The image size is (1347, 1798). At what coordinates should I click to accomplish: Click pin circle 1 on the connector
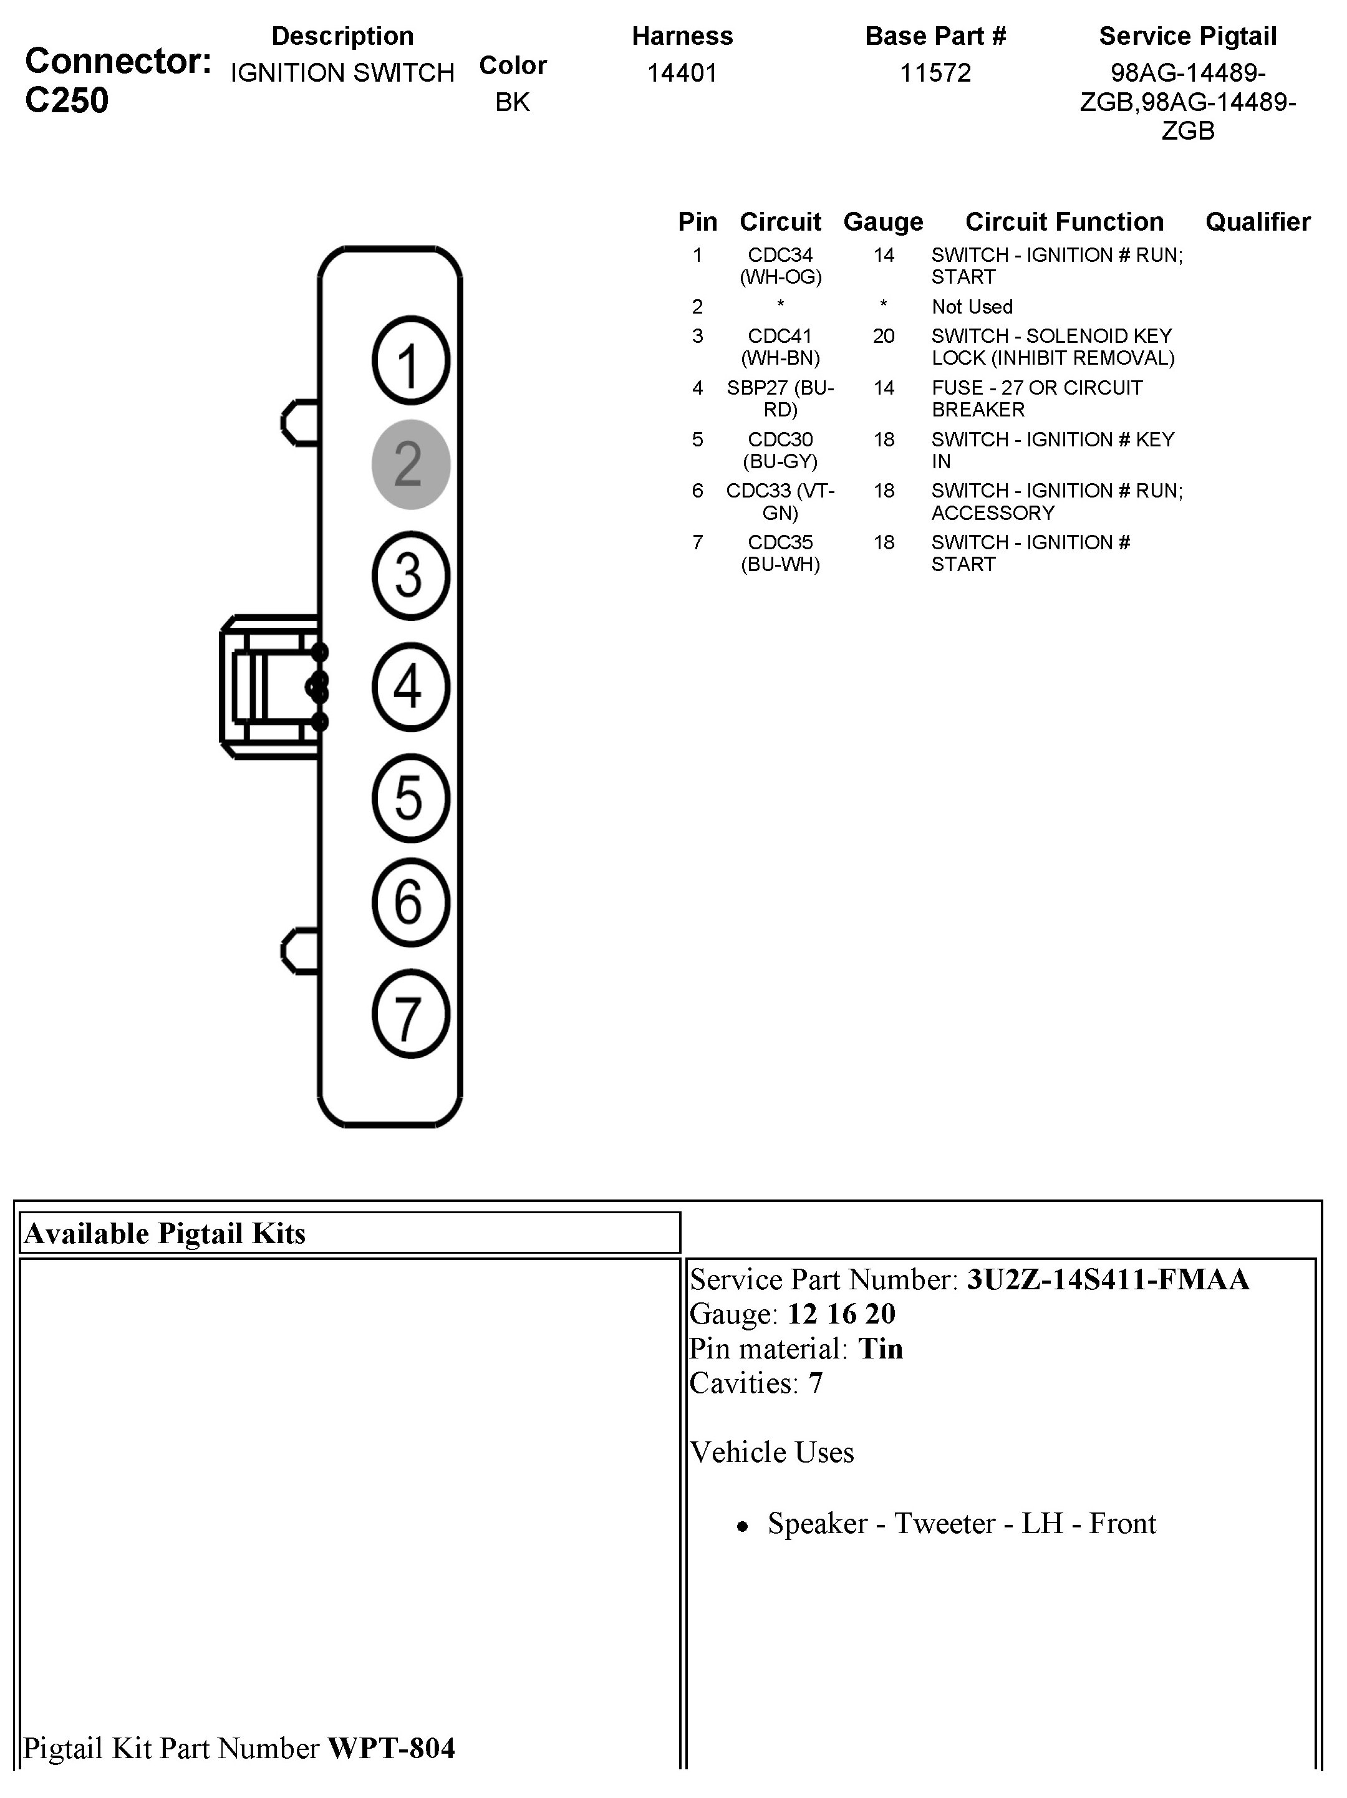click(410, 360)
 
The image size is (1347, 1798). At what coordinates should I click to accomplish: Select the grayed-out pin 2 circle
click(410, 464)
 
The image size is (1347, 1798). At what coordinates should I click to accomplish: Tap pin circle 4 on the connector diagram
click(410, 687)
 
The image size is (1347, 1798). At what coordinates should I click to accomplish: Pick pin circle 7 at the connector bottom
click(410, 1014)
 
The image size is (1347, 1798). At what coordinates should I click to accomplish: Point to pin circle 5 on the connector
click(410, 797)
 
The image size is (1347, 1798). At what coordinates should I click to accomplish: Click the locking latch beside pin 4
click(270, 687)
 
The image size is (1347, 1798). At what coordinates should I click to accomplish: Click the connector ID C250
click(67, 101)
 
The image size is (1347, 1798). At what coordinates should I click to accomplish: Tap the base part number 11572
click(935, 73)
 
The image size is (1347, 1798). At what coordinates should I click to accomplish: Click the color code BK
click(512, 102)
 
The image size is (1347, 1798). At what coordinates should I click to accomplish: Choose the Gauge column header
click(883, 222)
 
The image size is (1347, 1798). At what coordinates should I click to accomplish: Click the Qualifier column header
click(1257, 222)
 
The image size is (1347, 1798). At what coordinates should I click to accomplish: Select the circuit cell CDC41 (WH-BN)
click(780, 347)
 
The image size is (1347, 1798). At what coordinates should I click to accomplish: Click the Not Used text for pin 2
click(972, 307)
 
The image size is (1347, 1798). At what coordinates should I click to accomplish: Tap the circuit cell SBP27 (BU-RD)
click(780, 398)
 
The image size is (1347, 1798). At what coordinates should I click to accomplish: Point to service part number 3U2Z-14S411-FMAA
click(1107, 1280)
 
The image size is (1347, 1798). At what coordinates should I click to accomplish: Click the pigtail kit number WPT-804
click(391, 1748)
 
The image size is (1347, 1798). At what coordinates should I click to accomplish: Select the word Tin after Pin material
click(881, 1349)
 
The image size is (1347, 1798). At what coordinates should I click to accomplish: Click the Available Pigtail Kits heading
click(165, 1234)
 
